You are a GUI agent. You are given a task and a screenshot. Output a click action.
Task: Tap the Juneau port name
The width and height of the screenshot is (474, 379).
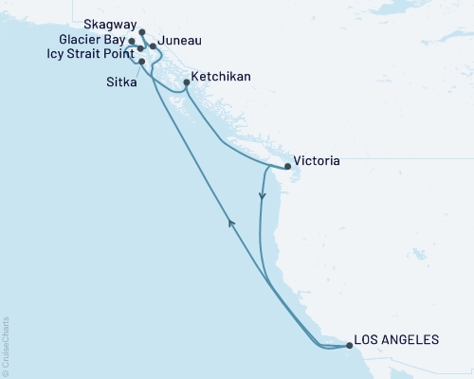pos(180,42)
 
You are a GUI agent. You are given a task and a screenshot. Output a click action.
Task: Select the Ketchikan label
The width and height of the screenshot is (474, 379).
pos(223,75)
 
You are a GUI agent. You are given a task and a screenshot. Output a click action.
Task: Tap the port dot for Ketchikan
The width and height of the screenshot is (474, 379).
pos(186,82)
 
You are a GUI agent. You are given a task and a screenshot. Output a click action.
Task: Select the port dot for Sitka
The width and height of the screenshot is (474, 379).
pos(142,62)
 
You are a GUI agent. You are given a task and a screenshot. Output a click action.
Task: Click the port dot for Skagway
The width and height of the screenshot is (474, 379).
pos(141,31)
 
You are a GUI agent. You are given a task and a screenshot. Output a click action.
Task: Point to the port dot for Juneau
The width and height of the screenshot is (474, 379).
pos(153,45)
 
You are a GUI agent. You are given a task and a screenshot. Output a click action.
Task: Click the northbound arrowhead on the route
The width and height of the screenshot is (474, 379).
pos(229,221)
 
